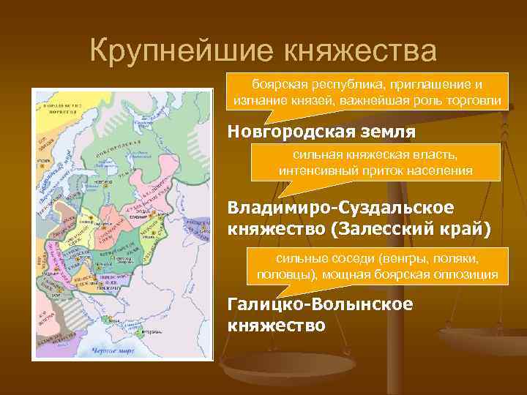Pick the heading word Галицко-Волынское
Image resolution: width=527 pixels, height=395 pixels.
point(321,304)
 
